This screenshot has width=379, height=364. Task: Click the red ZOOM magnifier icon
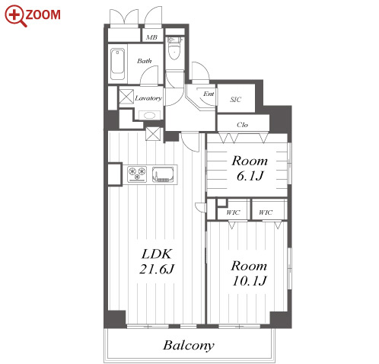15,15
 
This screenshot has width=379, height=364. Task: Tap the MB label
151,37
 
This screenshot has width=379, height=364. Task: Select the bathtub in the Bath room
117,64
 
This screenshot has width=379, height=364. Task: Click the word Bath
145,61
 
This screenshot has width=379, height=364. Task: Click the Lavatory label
148,98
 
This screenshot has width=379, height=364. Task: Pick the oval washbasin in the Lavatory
149,115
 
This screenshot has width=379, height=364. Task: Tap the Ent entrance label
209,94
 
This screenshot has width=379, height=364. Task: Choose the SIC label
236,100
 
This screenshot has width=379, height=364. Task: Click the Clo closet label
242,125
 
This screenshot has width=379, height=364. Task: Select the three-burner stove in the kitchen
137,174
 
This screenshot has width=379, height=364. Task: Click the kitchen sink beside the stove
163,174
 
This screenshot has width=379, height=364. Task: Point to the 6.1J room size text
250,176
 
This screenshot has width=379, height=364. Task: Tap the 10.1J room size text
250,281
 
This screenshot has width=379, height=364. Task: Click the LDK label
157,254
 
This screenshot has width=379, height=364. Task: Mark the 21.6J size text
157,269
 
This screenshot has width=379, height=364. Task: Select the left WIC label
233,212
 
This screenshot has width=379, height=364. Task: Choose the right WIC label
266,212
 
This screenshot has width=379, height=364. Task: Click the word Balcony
189,346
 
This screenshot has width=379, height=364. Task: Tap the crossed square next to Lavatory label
126,97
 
